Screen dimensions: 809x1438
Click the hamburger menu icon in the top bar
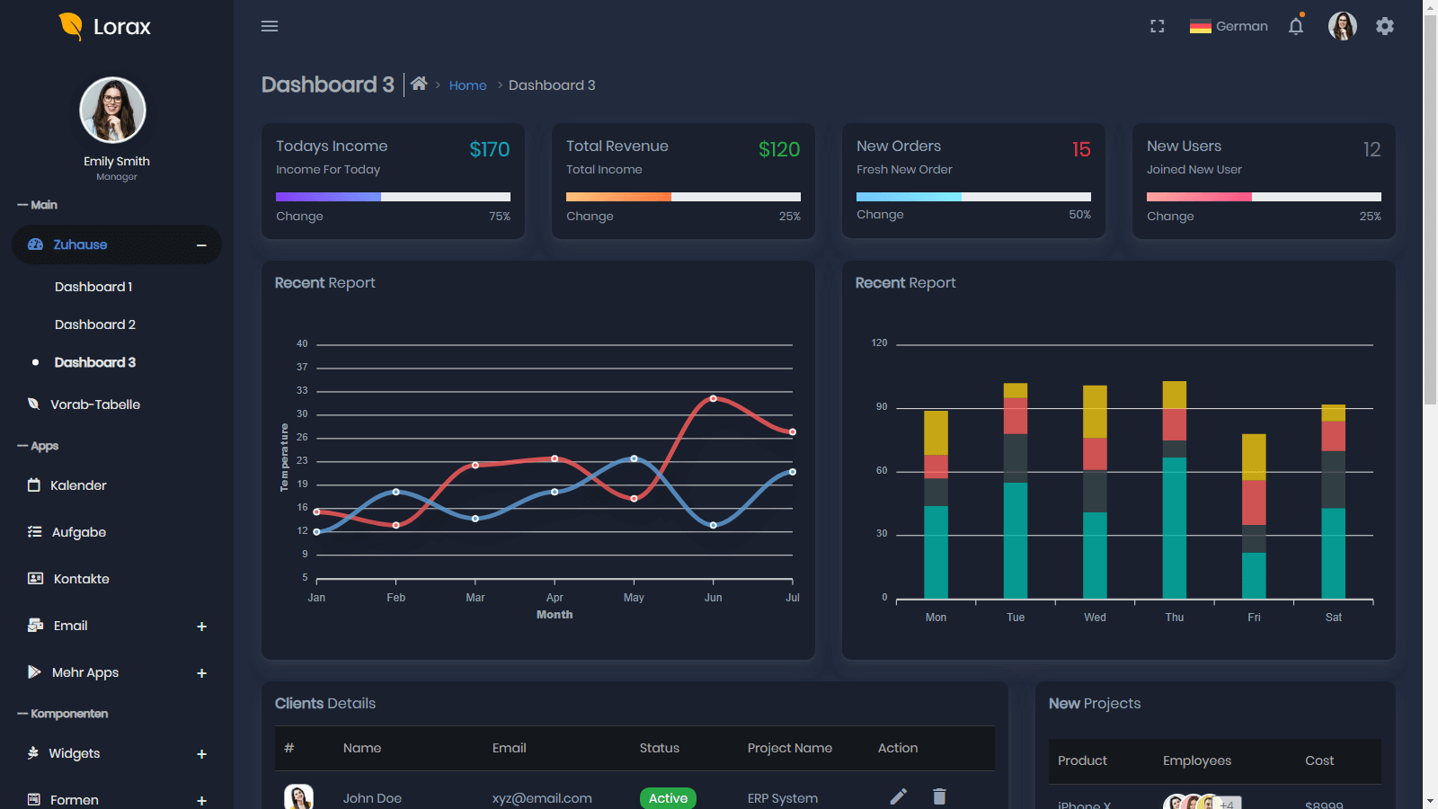coord(270,26)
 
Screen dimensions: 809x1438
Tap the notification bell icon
coord(1296,26)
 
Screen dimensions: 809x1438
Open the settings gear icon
coord(1385,26)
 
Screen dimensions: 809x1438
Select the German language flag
coord(1200,26)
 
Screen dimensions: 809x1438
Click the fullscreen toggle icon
coord(1158,26)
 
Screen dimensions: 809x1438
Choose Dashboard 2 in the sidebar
coord(95,324)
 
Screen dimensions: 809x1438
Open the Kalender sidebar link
coord(78,485)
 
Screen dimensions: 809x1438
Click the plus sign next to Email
coord(201,627)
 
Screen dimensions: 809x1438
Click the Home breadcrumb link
coord(467,85)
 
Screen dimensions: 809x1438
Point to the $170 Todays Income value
coord(489,149)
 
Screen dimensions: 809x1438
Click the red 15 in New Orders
coord(1081,149)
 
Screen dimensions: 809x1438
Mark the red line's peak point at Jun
coord(713,398)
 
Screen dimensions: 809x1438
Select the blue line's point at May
coord(634,458)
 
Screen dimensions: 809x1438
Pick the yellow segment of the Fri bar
coord(1254,457)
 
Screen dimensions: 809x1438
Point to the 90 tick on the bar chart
coord(882,407)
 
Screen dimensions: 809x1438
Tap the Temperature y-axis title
coord(284,458)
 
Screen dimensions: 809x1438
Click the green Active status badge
coord(668,798)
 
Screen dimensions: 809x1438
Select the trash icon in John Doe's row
coord(939,796)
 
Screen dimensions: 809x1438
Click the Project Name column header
coord(789,748)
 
